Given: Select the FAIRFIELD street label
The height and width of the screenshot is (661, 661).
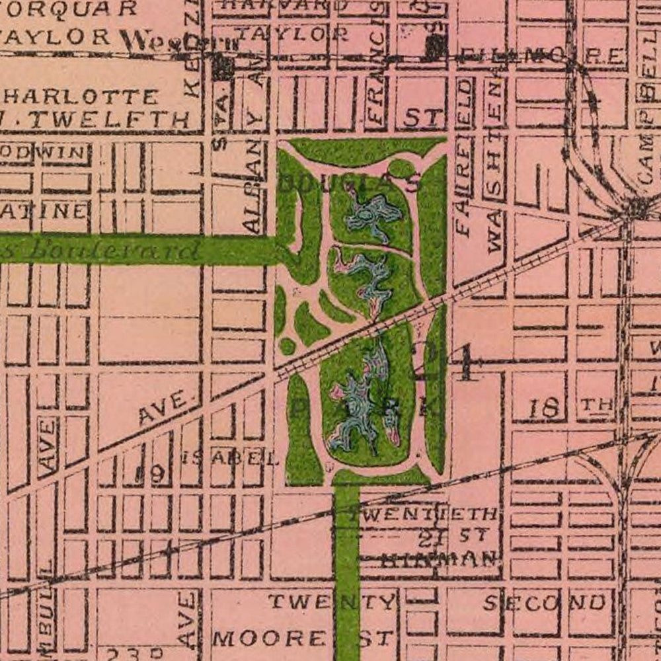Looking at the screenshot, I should pos(464,159).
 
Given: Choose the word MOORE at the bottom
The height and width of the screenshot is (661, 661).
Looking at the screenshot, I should pos(268,639).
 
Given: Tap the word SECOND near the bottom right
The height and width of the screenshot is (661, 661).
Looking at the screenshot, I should pos(545,602).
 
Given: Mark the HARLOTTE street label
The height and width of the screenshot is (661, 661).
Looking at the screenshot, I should pos(80,97).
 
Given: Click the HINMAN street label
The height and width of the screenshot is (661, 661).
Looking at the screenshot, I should pos(440,559).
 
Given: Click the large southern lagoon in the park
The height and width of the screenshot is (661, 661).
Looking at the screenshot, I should pos(360,403).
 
